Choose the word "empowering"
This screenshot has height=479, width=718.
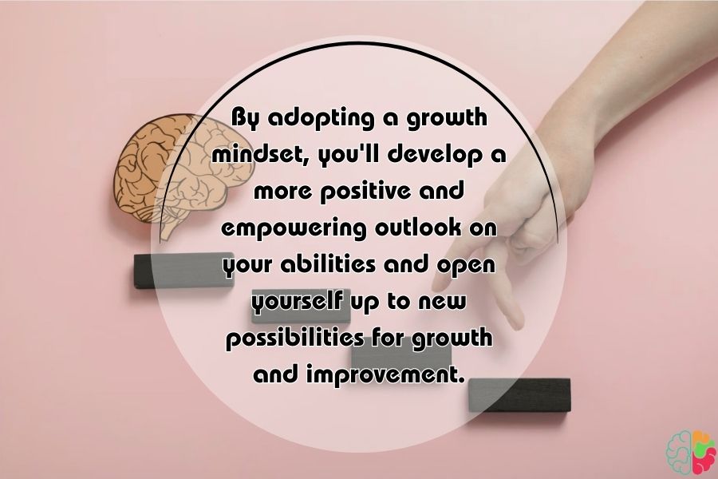[294, 229]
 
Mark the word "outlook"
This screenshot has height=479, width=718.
[417, 228]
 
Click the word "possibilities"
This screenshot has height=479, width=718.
[295, 339]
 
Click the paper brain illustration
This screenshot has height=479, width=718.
[183, 172]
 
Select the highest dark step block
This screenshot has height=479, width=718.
[183, 271]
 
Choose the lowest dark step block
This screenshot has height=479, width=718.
[519, 395]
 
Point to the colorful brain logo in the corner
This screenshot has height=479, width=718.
[691, 452]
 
